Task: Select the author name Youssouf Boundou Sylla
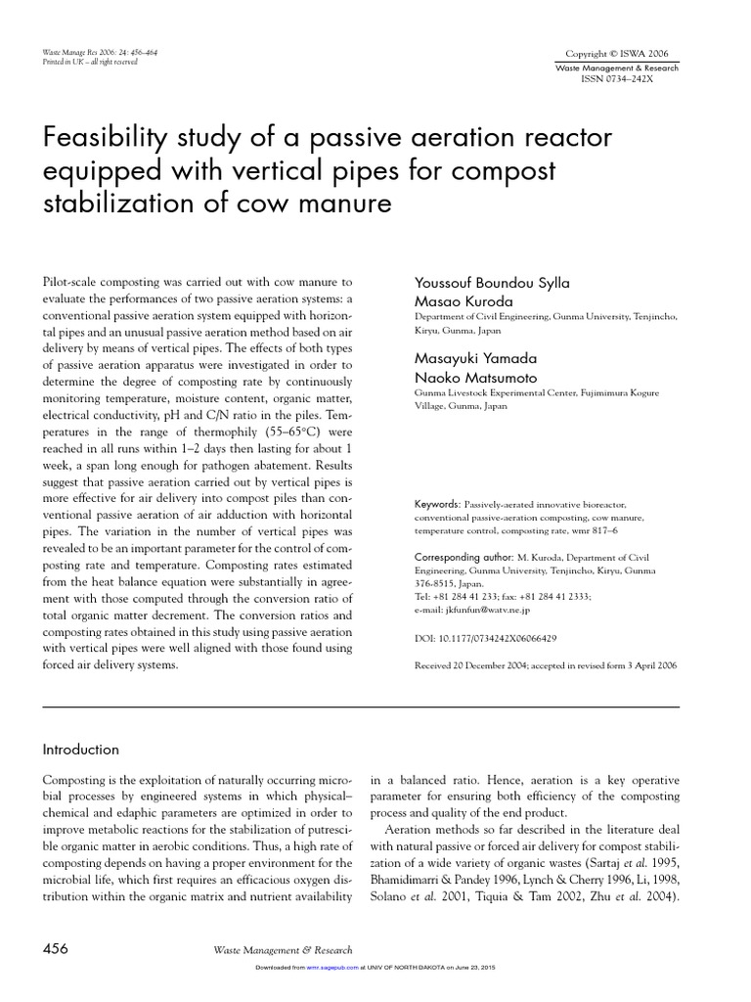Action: coord(492,283)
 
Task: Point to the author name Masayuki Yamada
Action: coord(475,359)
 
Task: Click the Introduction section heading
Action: coord(80,750)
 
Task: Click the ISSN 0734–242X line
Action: coord(620,79)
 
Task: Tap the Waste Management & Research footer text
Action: coord(283,949)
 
